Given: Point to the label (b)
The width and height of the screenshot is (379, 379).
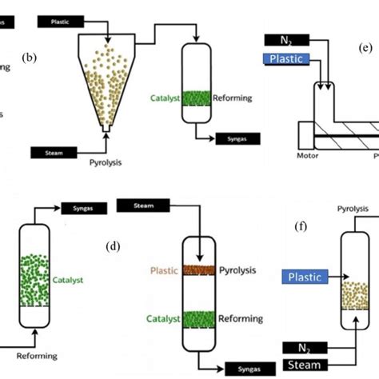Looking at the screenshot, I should (x=31, y=58).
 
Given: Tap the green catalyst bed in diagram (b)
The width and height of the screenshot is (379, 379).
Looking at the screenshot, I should (x=193, y=98).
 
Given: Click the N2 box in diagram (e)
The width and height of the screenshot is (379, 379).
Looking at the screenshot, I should (x=290, y=41).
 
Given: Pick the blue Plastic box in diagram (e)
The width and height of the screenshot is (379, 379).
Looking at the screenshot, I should (x=290, y=59).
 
